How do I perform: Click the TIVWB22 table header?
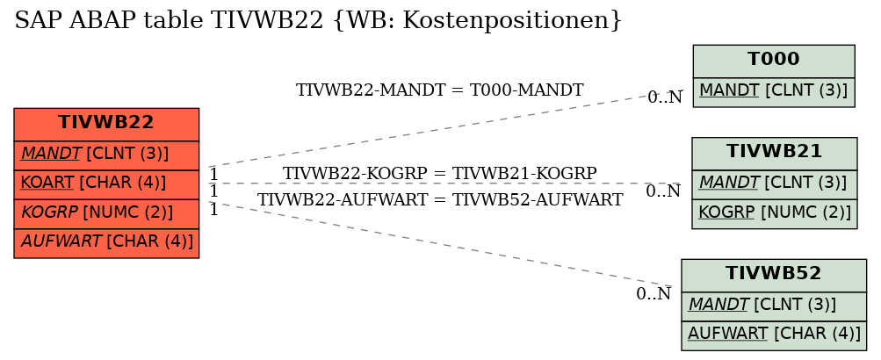(106, 124)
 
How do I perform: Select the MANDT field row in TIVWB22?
(106, 155)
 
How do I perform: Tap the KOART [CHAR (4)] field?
(106, 184)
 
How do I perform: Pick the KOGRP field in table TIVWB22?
(106, 214)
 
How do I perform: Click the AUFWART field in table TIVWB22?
(106, 243)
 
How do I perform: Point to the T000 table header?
(774, 61)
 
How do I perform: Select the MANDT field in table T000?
(774, 92)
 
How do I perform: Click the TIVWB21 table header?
(774, 154)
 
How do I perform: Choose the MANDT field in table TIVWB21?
(774, 184)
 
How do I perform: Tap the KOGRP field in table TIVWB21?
(774, 214)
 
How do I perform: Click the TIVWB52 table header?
(774, 275)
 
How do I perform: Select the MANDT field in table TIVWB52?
(774, 306)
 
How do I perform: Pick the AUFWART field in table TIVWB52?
(774, 335)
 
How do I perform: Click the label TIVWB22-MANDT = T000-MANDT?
(439, 90)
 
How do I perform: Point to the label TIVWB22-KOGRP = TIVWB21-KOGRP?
(439, 174)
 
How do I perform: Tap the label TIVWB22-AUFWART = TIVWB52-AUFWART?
(440, 200)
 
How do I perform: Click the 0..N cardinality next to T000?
(665, 97)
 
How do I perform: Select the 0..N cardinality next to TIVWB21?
(663, 191)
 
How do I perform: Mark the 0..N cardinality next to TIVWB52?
(654, 293)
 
